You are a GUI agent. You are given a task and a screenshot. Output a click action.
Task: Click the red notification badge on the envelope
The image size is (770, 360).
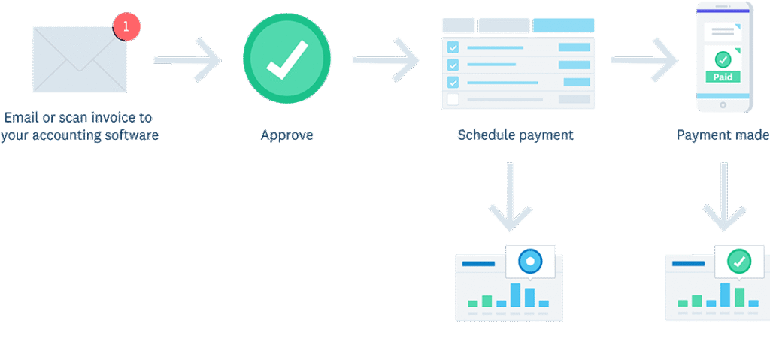126,26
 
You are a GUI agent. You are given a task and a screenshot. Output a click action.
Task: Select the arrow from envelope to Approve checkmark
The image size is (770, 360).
187,59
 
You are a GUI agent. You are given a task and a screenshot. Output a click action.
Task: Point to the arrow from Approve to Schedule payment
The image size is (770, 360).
386,59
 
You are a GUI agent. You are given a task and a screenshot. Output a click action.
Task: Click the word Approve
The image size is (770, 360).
286,135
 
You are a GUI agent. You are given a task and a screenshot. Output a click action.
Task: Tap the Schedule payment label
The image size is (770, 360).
515,135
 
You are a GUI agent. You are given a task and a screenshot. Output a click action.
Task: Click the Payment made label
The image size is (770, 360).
722,135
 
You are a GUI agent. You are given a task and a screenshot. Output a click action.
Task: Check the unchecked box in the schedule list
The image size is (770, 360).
453,99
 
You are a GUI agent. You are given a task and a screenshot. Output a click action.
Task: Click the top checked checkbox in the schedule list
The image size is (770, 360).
453,47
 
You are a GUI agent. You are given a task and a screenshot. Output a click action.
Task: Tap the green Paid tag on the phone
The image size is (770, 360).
723,77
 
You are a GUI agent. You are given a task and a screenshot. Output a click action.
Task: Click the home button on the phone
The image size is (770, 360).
723,105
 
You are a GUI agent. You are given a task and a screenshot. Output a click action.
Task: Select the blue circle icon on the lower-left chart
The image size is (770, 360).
530,261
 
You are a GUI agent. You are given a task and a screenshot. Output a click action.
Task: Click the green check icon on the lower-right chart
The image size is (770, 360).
739,261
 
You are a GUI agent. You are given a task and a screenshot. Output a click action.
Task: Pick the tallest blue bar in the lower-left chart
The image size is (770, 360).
515,295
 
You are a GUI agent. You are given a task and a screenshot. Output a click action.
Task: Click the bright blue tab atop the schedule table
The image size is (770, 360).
563,26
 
